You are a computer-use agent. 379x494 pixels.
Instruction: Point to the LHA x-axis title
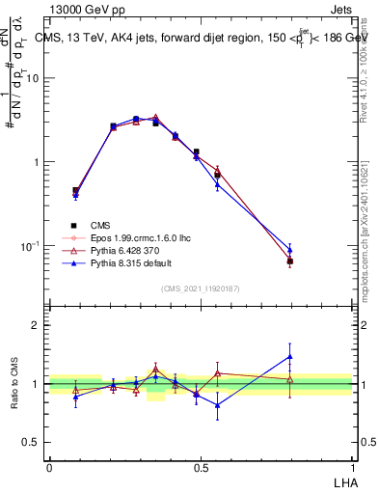pyautogui.click(x=342, y=481)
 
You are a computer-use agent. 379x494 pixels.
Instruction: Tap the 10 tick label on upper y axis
pyautogui.click(x=34, y=78)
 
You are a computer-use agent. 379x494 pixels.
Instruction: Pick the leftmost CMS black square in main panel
pyautogui.click(x=76, y=191)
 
